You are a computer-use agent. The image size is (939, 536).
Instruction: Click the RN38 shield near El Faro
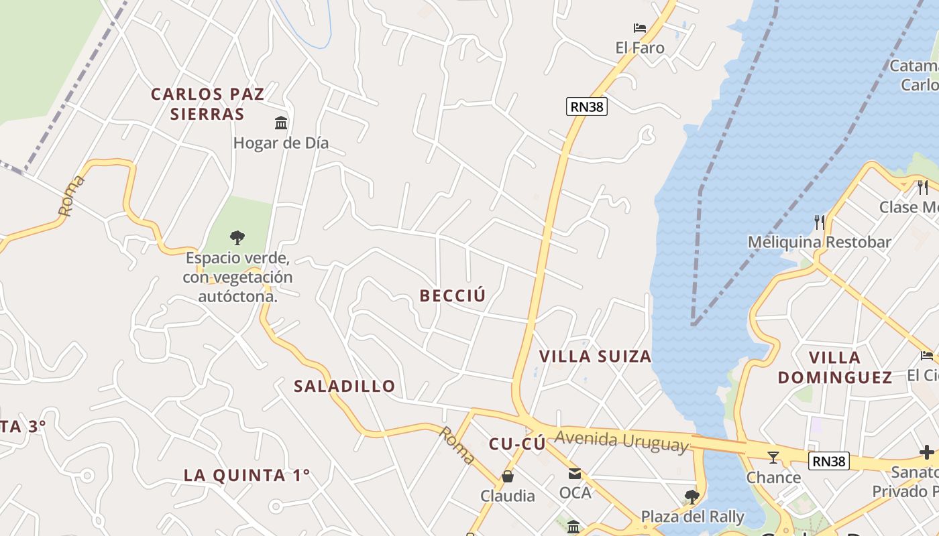click(x=586, y=106)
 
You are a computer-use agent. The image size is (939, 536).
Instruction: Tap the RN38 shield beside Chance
click(x=829, y=461)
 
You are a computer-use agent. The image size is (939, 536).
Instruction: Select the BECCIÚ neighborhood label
click(x=452, y=295)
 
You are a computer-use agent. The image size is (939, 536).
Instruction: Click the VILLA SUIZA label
click(x=596, y=356)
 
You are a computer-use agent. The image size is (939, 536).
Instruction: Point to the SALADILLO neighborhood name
click(x=345, y=386)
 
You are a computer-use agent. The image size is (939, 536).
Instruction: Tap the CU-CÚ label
click(x=516, y=444)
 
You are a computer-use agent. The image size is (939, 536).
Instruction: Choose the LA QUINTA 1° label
click(x=247, y=475)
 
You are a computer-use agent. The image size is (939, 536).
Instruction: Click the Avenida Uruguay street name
click(x=622, y=440)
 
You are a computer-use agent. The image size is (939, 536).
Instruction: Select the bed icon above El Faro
click(x=640, y=28)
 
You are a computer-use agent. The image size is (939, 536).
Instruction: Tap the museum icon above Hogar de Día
click(x=281, y=123)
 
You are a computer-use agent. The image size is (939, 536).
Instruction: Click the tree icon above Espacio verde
click(x=237, y=237)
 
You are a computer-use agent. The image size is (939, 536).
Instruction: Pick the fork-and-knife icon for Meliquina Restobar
click(x=819, y=222)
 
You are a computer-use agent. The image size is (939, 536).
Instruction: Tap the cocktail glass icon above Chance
click(x=773, y=457)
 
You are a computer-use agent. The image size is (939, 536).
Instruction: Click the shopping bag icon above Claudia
click(x=508, y=476)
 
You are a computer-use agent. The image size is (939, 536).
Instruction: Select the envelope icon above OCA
click(x=575, y=474)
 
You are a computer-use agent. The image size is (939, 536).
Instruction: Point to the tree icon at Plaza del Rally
click(x=692, y=496)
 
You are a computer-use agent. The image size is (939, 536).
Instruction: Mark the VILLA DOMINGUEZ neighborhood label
click(x=835, y=367)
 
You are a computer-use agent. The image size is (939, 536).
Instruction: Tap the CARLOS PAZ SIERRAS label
click(x=207, y=104)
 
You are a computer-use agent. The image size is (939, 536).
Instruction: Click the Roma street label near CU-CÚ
click(x=457, y=445)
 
